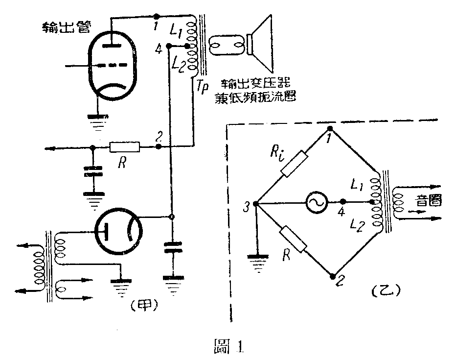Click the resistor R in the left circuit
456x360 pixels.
(124, 146)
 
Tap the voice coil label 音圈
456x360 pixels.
(427, 199)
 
